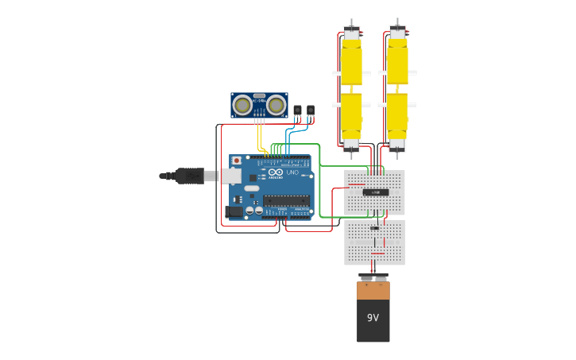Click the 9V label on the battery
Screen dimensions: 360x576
(373, 318)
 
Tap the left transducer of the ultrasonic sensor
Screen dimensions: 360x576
(242, 104)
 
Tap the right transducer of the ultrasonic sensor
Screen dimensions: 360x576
(276, 104)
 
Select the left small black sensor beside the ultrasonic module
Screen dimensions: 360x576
(297, 110)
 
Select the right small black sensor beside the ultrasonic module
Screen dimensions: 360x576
(310, 110)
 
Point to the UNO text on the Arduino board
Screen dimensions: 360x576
(292, 172)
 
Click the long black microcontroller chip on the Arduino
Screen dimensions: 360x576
(286, 200)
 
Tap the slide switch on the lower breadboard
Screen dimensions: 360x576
(374, 228)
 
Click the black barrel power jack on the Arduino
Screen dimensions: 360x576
(234, 211)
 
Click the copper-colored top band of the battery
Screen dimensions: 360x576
(373, 290)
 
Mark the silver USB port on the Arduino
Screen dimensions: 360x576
(231, 176)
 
